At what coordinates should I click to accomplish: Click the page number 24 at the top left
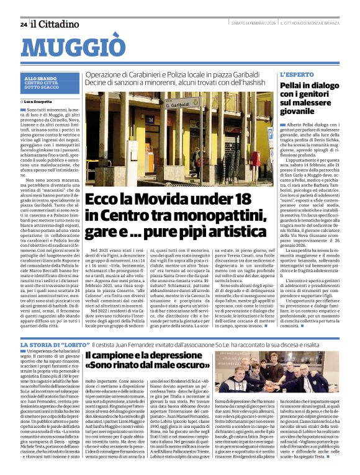(24, 24)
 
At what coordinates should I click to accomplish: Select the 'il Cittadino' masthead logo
(56, 24)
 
